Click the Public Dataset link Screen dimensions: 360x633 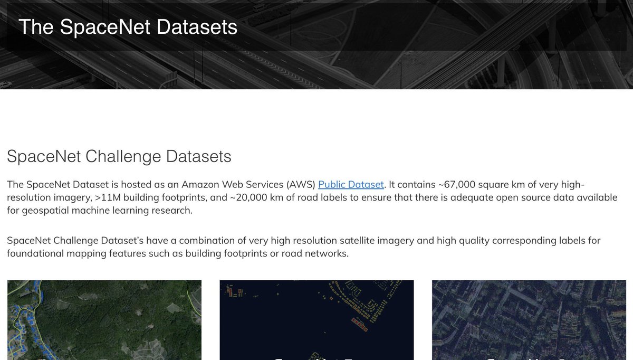coord(351,185)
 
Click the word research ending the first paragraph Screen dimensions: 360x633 coord(171,211)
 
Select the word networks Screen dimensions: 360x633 coord(328,254)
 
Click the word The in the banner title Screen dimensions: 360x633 coord(36,27)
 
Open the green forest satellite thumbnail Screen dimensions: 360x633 coord(104,320)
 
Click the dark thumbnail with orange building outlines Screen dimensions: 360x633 coord(316,320)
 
